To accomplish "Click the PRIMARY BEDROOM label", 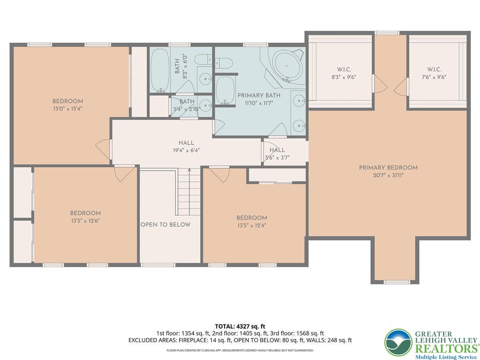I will (x=388, y=168).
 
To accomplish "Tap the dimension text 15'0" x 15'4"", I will (x=67, y=109).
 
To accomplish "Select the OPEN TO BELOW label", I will (x=165, y=225).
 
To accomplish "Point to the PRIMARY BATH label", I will (x=259, y=95).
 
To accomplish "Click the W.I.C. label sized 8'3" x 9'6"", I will (x=344, y=69).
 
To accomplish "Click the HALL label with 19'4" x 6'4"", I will (x=186, y=143).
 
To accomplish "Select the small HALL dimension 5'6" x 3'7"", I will (x=277, y=158).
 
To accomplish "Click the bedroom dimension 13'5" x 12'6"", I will (x=85, y=221).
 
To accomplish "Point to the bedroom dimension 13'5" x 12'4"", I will (x=252, y=226).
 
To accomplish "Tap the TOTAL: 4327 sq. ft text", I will (x=240, y=326).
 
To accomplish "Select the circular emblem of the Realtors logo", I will (x=398, y=342).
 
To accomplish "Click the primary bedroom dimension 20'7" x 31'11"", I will (x=388, y=176).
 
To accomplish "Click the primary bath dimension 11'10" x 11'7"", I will (x=259, y=103).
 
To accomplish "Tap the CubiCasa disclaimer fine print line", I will (x=240, y=350).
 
